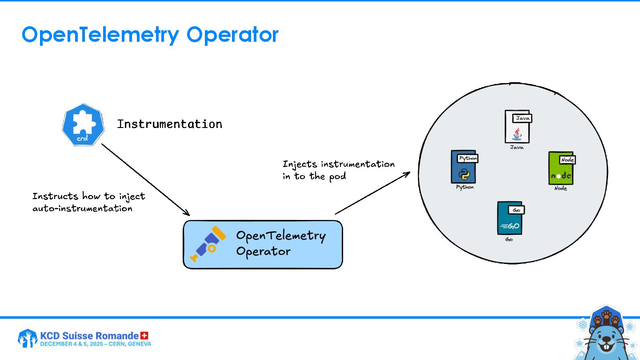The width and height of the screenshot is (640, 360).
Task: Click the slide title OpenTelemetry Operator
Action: coord(150,35)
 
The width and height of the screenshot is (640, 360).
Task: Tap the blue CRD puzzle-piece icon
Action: coord(83,125)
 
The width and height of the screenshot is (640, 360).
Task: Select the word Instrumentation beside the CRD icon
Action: coord(169,124)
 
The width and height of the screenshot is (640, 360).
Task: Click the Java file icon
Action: coord(517,127)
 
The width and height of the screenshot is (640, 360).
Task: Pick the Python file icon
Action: coord(464,168)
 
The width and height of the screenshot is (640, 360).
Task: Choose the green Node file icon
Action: coord(561,168)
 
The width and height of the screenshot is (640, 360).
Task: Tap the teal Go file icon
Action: coord(509,218)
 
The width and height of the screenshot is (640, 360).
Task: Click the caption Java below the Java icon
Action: coord(516,147)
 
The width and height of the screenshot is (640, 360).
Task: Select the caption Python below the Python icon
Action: coord(465,187)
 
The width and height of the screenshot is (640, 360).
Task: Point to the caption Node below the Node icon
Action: coord(560,188)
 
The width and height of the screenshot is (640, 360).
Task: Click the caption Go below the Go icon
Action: coord(509,240)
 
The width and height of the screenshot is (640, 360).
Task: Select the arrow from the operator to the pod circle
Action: coord(372,193)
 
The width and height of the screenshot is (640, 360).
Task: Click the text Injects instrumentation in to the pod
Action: coord(338,170)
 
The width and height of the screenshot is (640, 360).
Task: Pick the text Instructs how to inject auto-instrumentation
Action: coord(88,202)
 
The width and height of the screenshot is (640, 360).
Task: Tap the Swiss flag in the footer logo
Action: coord(144,336)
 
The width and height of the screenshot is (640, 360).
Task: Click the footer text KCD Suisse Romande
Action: coord(89,336)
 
